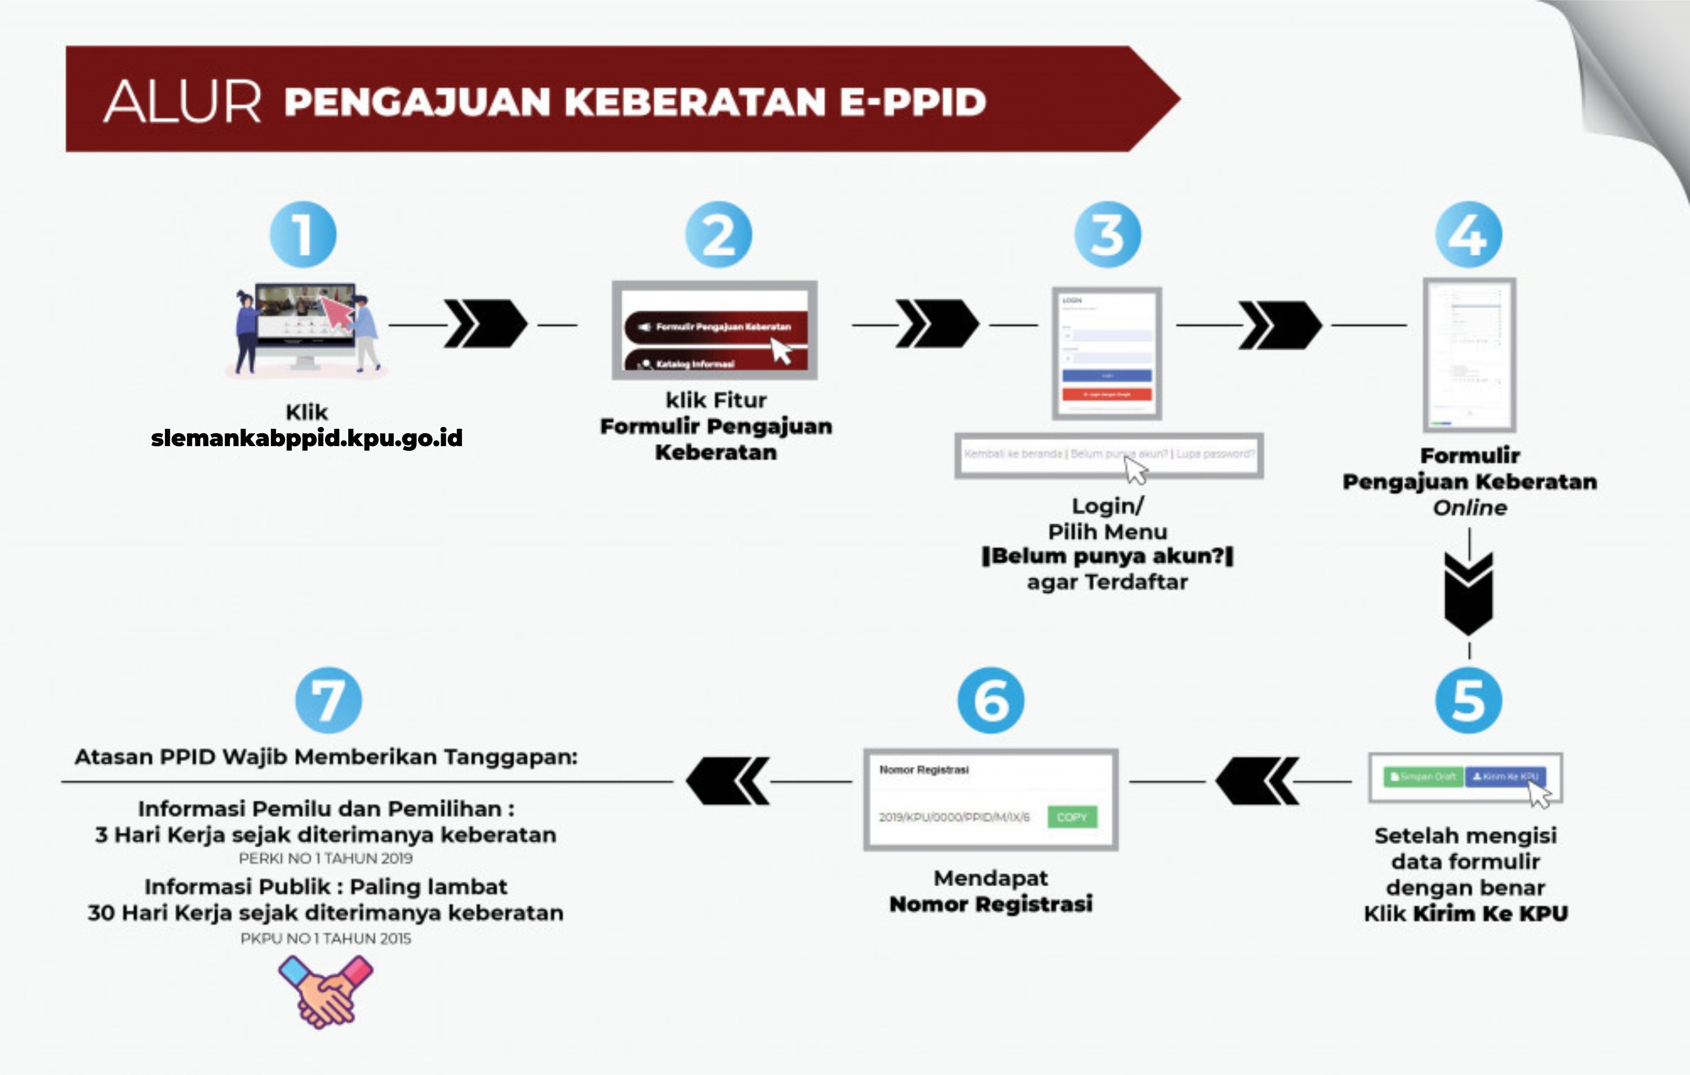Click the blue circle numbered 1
pos(303,234)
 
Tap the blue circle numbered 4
pos(1469,234)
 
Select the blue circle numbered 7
pos(328,700)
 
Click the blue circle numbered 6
pos(991,700)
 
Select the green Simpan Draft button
pos(1423,777)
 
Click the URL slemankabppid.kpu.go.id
pos(307,438)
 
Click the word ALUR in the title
pos(182,102)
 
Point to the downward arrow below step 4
pos(1469,593)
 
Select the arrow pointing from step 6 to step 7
pos(728,780)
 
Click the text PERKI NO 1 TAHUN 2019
pos(326,858)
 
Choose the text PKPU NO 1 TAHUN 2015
pos(326,939)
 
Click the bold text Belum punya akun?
pos(1108,556)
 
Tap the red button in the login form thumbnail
pos(1107,394)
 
